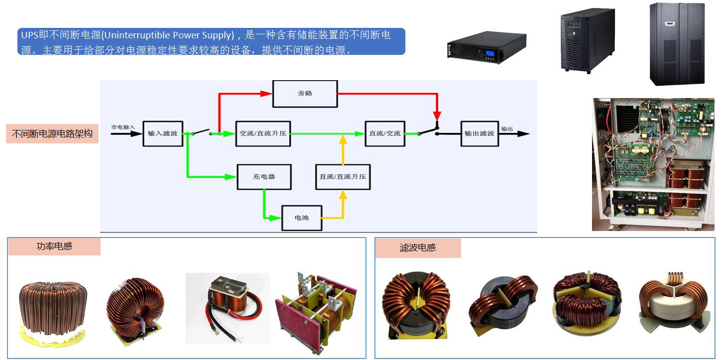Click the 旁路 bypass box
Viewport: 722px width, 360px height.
click(305, 94)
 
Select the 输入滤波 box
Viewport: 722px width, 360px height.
click(163, 133)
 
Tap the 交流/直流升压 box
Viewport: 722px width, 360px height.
click(263, 133)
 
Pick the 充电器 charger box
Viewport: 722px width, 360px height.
click(264, 177)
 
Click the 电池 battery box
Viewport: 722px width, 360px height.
click(302, 218)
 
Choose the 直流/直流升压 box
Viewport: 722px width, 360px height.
click(343, 177)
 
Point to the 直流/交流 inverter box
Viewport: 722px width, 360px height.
click(384, 133)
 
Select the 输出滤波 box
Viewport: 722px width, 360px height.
click(479, 133)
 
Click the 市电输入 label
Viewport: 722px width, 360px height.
click(122, 127)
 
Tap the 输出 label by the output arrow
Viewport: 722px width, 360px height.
click(507, 128)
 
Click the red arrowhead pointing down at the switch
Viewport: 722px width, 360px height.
click(437, 116)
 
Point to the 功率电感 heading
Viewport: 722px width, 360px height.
click(54, 246)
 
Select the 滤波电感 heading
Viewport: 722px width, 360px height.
click(418, 248)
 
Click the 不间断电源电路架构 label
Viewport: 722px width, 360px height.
click(52, 134)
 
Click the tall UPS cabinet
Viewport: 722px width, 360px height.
click(677, 43)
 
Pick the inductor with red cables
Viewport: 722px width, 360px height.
click(228, 308)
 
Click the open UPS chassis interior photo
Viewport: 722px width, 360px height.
click(653, 164)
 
